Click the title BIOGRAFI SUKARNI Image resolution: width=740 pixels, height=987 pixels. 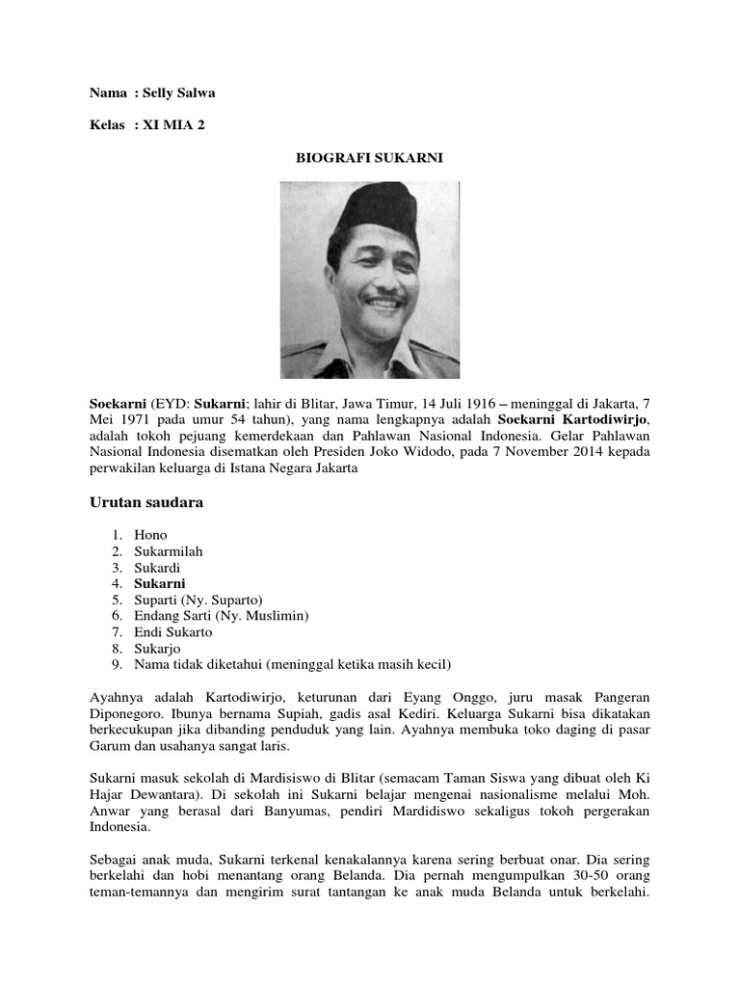pos(369,158)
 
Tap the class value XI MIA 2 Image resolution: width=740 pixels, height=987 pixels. pos(173,125)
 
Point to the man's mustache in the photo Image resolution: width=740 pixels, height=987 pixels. pos(384,299)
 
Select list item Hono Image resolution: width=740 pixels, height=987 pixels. pos(150,535)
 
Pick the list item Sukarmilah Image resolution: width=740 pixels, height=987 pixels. pos(168,551)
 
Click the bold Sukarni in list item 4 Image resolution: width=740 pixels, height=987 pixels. pos(160,584)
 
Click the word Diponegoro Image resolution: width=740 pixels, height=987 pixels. pos(125,713)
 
